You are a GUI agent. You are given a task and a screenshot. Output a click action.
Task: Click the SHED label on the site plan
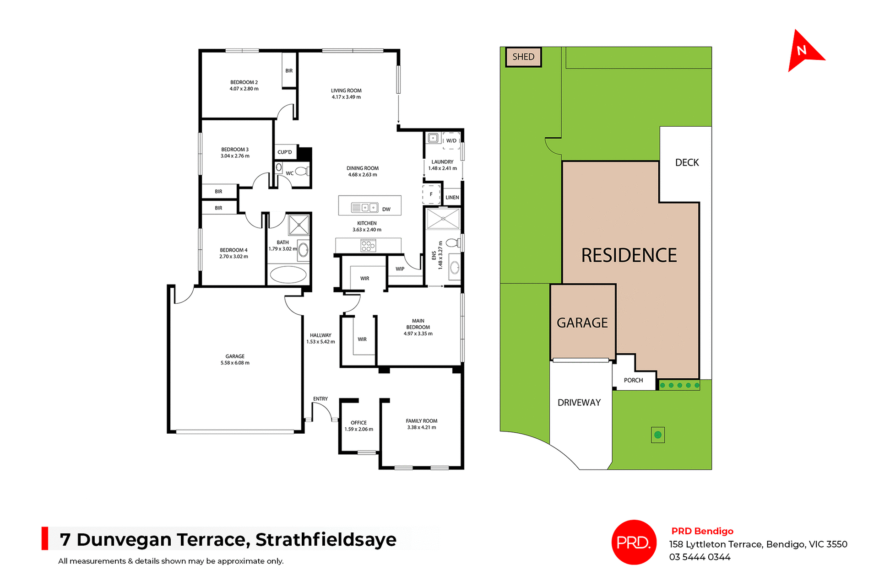(x=523, y=57)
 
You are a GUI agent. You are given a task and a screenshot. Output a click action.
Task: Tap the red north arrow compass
(x=803, y=51)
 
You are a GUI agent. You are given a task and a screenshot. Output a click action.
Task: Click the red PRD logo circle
(x=634, y=542)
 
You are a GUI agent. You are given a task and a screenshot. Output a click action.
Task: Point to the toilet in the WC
(x=301, y=172)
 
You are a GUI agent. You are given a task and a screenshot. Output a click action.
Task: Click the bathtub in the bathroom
(x=288, y=275)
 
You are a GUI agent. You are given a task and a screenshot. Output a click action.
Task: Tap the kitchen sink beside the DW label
(x=364, y=208)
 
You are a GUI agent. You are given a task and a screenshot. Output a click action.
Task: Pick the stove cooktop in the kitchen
(x=368, y=246)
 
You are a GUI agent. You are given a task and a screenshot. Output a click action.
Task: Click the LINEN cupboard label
(x=452, y=198)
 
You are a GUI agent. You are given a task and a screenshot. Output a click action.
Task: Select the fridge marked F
(x=431, y=194)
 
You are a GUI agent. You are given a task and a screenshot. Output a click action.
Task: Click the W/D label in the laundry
(x=451, y=140)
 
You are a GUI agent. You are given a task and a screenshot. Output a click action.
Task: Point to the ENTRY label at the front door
(x=320, y=399)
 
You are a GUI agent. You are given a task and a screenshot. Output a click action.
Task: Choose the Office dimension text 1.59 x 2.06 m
(x=359, y=429)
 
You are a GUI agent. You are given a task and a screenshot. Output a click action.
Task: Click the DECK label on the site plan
(x=687, y=162)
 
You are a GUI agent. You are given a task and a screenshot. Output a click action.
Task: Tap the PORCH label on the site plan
(x=633, y=380)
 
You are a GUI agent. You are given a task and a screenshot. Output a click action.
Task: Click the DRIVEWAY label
(x=579, y=403)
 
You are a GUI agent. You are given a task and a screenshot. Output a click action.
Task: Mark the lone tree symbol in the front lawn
(x=658, y=435)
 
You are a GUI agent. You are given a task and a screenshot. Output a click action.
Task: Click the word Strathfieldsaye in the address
(x=326, y=540)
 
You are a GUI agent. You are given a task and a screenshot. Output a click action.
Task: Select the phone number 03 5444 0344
(x=700, y=557)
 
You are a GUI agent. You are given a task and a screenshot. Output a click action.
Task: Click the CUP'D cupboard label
(x=284, y=152)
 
